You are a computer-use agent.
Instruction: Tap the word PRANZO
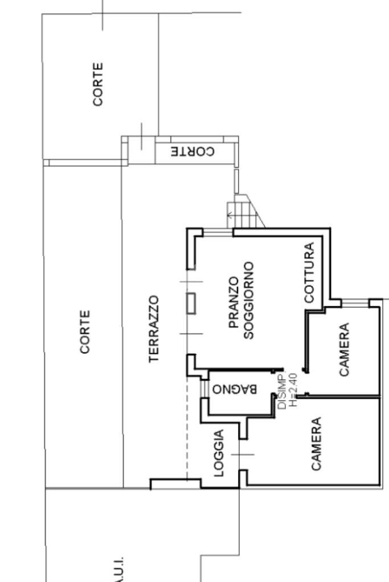tap(234, 303)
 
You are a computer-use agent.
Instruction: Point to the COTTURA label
tap(309, 272)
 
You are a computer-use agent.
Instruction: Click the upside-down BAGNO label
tap(234, 390)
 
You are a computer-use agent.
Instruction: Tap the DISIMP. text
tap(281, 392)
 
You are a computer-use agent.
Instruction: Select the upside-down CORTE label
tap(193, 152)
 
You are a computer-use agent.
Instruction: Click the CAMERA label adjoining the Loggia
tap(317, 444)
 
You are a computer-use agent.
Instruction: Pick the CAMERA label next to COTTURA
tap(344, 349)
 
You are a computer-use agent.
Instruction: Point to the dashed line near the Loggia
tap(187, 427)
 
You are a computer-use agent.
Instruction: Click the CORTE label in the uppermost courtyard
tap(98, 84)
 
